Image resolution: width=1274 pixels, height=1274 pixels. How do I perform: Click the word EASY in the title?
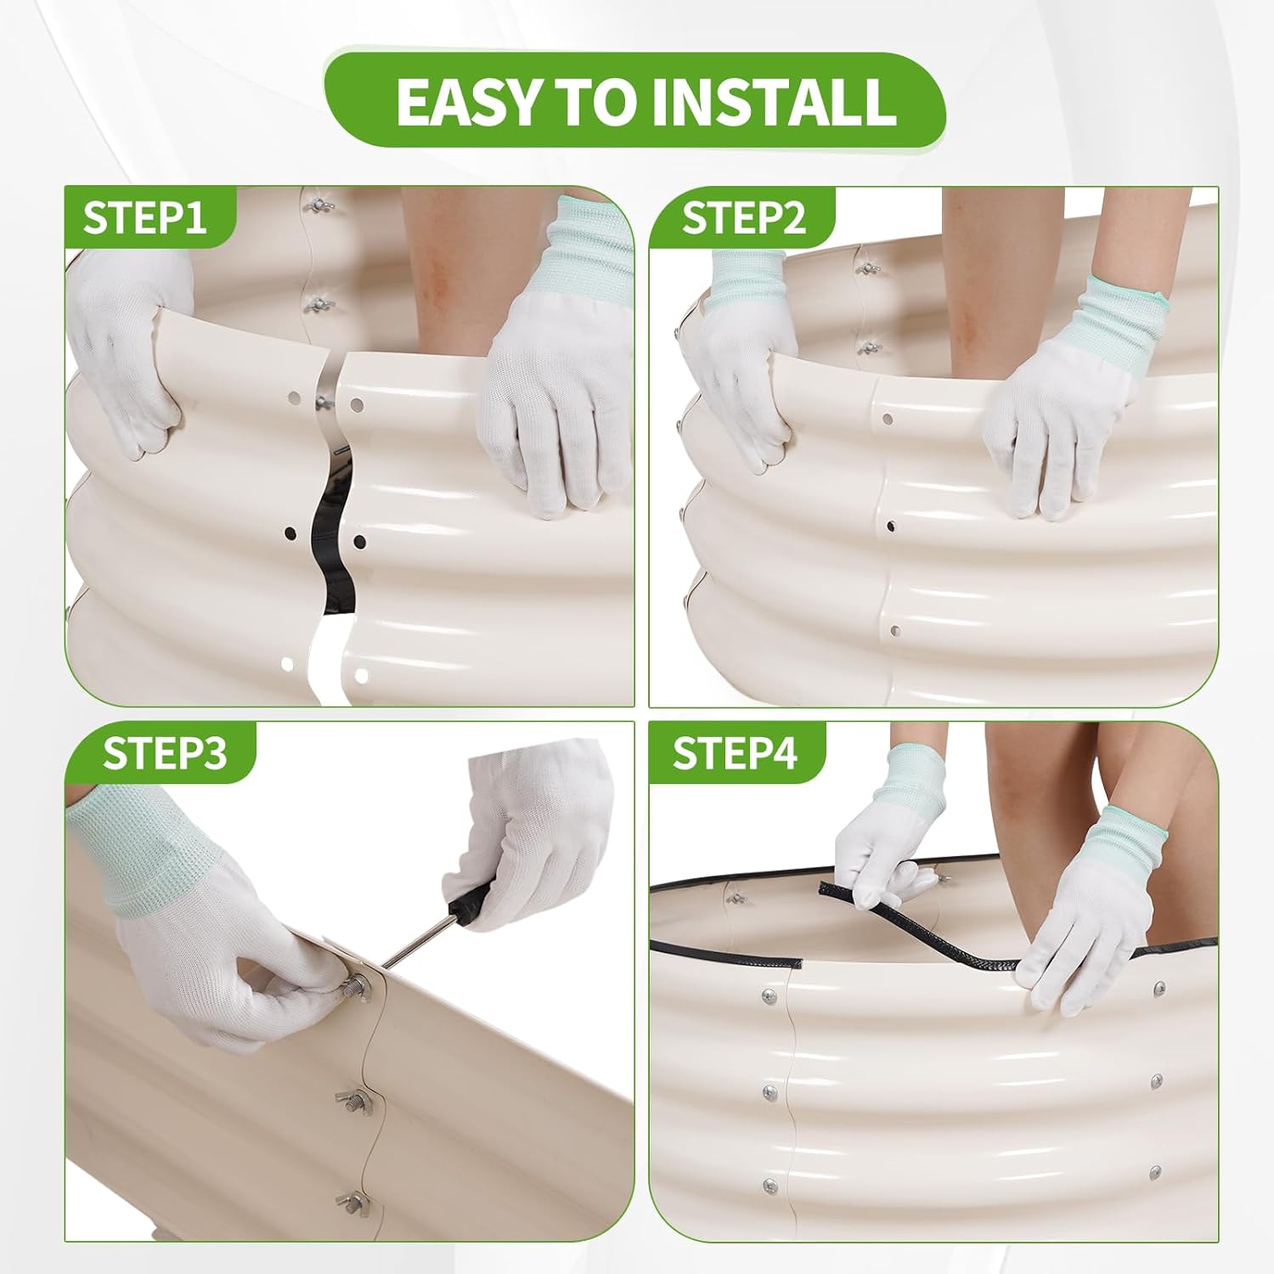(x=469, y=100)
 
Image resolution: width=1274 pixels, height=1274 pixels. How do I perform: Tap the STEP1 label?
(x=144, y=217)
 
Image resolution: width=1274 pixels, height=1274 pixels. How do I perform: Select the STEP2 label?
(x=743, y=218)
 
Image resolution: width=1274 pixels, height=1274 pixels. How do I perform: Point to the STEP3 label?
(x=165, y=753)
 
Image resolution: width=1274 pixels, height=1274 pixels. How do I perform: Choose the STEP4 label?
(x=736, y=753)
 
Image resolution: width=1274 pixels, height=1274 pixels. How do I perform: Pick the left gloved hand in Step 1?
(x=127, y=348)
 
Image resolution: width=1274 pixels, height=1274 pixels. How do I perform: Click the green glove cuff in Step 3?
(x=136, y=858)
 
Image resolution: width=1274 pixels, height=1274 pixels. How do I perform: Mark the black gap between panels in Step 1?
(x=332, y=544)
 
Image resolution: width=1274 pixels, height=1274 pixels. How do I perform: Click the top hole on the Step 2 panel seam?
(x=888, y=419)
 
